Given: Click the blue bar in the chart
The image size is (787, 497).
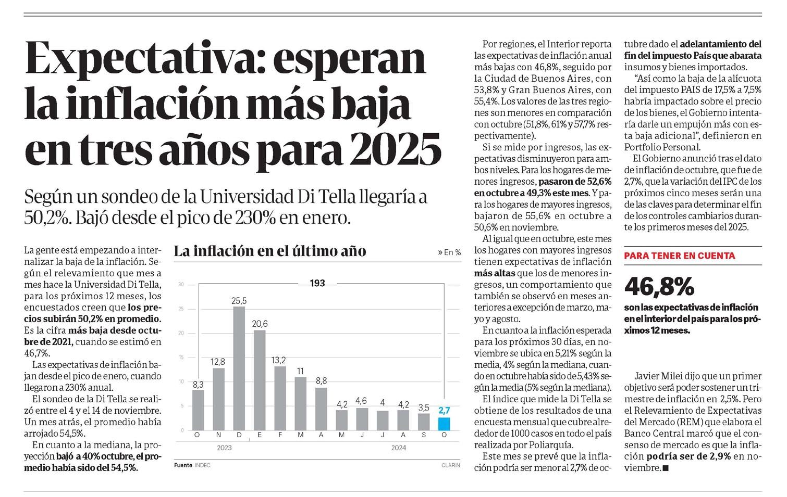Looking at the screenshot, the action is [444, 424].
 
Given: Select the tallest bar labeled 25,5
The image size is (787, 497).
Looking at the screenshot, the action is [239, 368].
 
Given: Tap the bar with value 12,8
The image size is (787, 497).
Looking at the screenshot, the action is [218, 399].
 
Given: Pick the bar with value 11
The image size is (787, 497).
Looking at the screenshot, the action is [300, 404].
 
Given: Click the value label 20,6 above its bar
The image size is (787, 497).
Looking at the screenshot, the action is [260, 324].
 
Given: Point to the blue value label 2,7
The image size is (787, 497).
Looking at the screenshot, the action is [444, 411].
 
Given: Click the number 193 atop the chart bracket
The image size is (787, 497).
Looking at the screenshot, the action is [317, 283].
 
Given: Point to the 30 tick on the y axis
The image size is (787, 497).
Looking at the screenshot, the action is [181, 285].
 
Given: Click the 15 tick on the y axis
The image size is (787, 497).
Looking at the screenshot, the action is [181, 358].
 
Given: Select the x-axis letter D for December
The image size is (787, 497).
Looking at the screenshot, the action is [239, 435].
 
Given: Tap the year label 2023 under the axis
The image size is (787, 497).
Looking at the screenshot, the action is [224, 448].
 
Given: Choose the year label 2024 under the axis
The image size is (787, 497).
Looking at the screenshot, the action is [398, 448].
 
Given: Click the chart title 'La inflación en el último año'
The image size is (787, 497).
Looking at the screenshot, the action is [270, 251].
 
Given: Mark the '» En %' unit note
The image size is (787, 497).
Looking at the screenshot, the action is [449, 252].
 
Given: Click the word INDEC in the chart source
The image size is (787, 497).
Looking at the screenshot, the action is [202, 465].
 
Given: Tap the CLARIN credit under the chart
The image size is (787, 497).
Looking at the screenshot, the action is [451, 465].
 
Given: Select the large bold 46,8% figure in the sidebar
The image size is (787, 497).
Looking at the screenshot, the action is [659, 287].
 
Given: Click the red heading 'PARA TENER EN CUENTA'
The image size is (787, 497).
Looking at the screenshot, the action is [680, 256].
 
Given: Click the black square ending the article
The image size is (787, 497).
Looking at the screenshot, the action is [666, 468].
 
